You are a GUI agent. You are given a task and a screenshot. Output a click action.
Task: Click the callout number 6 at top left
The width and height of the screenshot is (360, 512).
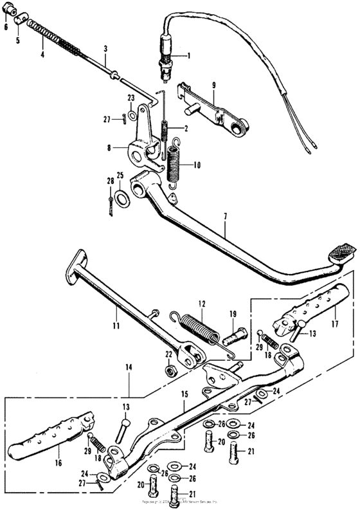(6, 28)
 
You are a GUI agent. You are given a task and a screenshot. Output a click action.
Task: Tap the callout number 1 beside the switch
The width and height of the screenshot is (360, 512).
(188, 56)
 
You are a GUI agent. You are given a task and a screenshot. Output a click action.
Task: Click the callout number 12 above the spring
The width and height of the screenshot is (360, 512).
(201, 303)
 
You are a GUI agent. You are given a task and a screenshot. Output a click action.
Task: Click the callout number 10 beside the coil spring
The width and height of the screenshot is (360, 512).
(197, 165)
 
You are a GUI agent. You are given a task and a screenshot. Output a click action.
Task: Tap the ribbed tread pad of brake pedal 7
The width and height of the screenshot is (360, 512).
(339, 248)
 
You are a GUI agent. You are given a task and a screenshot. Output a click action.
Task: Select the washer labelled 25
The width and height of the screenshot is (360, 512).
(121, 196)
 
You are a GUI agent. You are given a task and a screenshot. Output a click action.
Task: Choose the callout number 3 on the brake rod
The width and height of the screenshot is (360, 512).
(105, 48)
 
